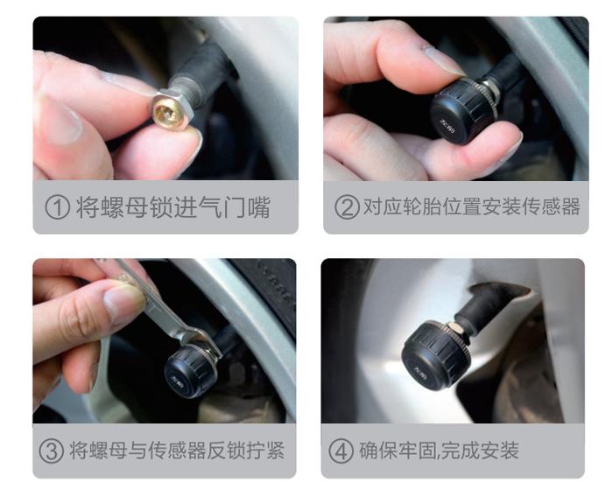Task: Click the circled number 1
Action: coord(59,208)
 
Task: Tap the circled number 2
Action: coord(348,208)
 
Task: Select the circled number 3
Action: coord(53,451)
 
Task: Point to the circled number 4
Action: coord(341,451)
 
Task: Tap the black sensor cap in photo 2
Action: coord(461,108)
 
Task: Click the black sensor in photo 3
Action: coord(191,367)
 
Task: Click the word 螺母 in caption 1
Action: coord(126,208)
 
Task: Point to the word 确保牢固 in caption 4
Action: coord(393,451)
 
